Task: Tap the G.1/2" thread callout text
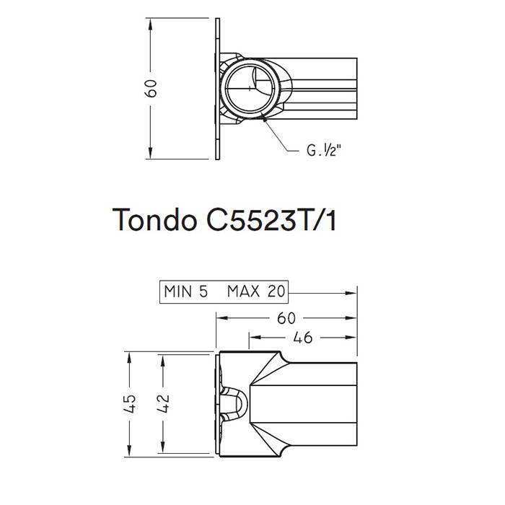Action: (x=322, y=151)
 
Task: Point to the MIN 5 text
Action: (x=186, y=292)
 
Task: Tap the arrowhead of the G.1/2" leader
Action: (x=266, y=122)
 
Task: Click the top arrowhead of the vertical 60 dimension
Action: (x=151, y=19)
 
